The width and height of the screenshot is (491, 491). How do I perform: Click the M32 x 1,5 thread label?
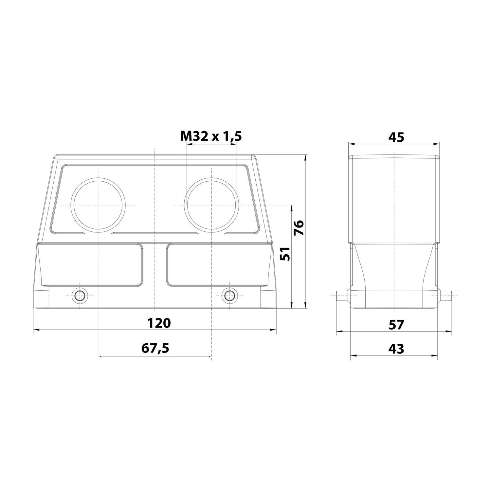click(211, 136)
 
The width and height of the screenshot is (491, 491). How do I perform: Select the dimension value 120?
click(159, 323)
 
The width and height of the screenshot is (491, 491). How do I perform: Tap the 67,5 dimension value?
click(155, 348)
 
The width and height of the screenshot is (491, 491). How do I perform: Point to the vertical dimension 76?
click(299, 228)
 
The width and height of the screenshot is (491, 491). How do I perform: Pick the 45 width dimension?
click(396, 137)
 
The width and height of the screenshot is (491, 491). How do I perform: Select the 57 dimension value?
click(396, 325)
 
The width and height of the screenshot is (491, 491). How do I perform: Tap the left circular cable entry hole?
click(98, 205)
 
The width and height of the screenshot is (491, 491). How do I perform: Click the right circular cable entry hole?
click(211, 205)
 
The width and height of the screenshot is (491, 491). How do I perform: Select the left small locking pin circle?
click(80, 296)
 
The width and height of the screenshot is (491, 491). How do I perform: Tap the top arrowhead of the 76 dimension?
click(305, 157)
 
